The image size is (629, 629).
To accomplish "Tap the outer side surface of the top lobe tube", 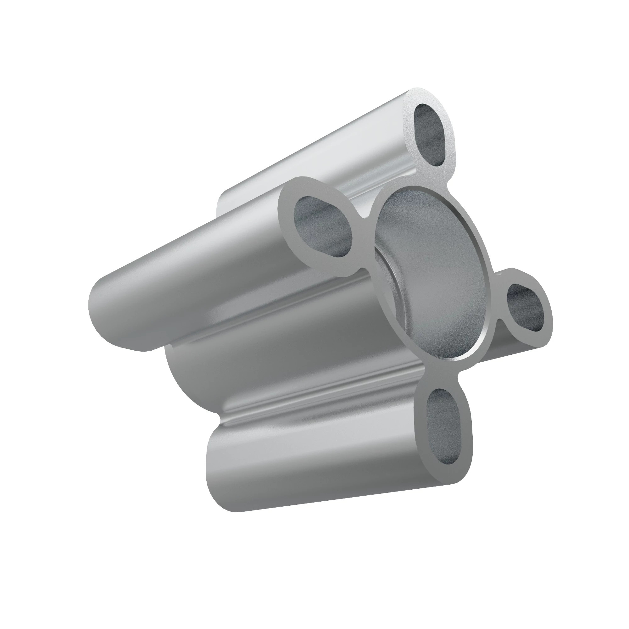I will [293, 153].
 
